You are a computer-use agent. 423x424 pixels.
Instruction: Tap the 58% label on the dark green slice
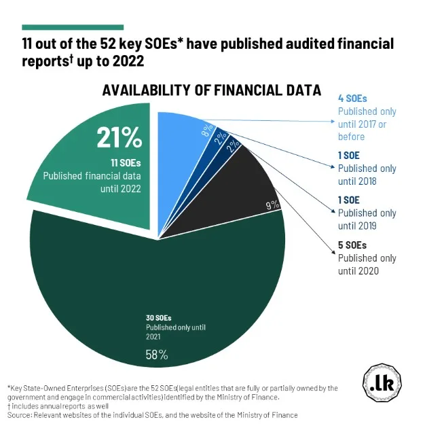click(157, 354)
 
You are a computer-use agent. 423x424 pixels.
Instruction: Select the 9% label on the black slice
click(272, 204)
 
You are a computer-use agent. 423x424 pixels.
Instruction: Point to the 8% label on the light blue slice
click(205, 132)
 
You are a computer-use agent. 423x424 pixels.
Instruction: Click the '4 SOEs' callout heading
click(352, 99)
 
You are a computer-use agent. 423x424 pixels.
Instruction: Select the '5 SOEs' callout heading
click(352, 245)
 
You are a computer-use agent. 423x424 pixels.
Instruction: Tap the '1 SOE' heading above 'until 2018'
click(348, 156)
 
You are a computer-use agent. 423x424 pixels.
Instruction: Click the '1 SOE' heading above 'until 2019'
click(348, 200)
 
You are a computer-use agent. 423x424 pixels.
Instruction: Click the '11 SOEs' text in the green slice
click(121, 162)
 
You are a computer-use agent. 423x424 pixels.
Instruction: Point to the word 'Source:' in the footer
click(20, 414)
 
